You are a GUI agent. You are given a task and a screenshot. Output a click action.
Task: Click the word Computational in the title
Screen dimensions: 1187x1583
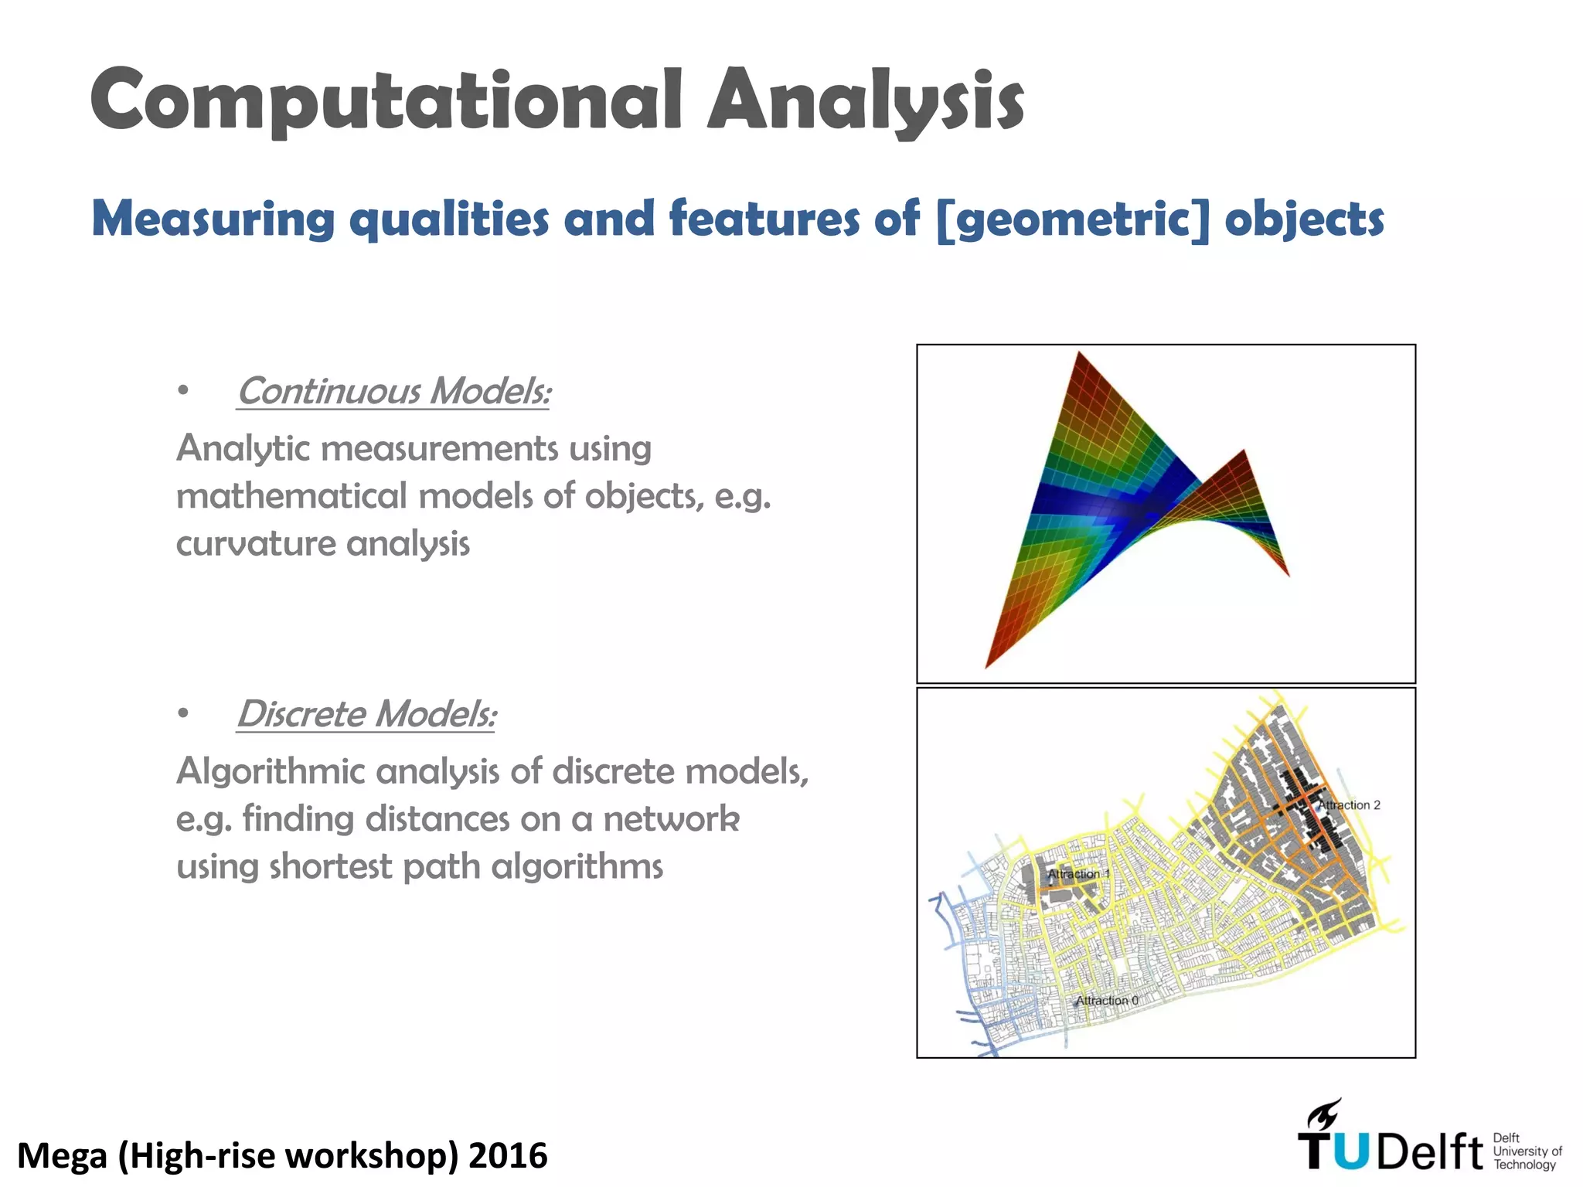pos(385,100)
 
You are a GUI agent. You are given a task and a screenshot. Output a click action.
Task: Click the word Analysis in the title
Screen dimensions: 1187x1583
pos(866,100)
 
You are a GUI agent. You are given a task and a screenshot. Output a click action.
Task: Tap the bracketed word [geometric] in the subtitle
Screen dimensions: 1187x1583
pos(1072,219)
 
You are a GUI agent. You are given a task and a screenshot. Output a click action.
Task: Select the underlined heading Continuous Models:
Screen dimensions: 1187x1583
pos(393,391)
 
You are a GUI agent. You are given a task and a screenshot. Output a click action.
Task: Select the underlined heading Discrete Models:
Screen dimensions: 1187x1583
pos(366,714)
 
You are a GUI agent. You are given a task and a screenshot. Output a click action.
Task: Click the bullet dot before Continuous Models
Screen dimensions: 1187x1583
pos(182,391)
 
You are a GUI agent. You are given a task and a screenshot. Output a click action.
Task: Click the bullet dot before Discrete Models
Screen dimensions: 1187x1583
pos(182,714)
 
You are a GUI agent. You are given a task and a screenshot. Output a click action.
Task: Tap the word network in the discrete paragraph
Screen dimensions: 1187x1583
pos(671,819)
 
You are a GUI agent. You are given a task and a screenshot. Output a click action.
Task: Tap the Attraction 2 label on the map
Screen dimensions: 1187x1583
pos(1349,805)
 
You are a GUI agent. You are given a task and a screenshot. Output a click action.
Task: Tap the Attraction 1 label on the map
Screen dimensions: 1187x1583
pos(1078,874)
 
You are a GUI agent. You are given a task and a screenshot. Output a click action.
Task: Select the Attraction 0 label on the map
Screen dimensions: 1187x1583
pos(1107,1001)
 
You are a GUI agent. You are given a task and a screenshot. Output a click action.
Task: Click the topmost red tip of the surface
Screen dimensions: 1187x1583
pos(1079,355)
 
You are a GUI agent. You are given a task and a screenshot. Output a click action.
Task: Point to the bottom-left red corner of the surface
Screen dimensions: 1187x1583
pos(988,665)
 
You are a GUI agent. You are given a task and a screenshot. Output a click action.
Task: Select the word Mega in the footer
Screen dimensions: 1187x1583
pos(62,1157)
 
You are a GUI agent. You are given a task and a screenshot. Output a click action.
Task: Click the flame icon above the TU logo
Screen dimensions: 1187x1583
pos(1324,1114)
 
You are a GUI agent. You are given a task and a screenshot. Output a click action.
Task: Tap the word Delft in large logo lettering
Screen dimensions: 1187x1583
pos(1430,1153)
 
